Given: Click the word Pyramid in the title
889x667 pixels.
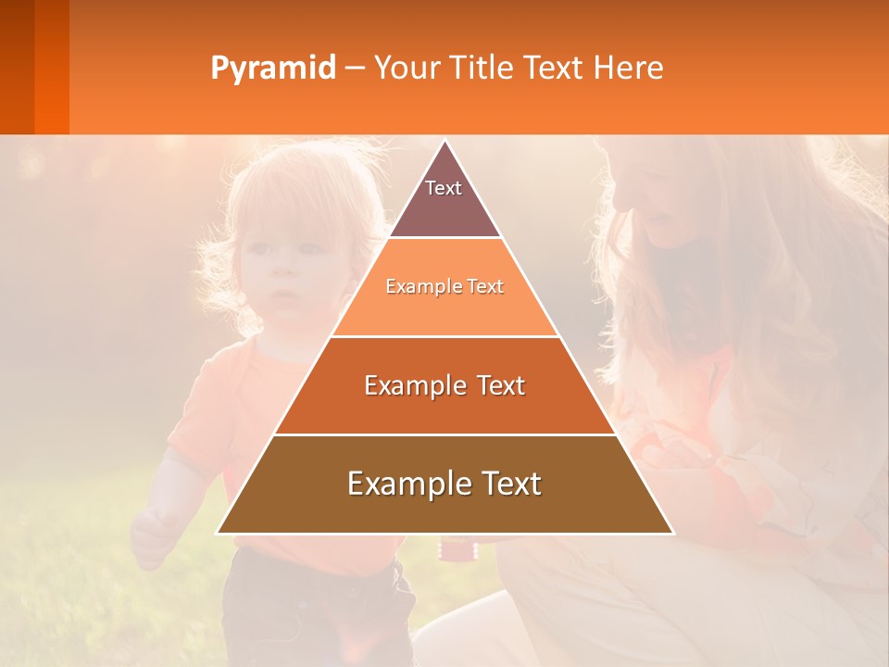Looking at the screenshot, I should click(x=273, y=69).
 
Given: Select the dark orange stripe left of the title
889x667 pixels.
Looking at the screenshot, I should click(x=52, y=67).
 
